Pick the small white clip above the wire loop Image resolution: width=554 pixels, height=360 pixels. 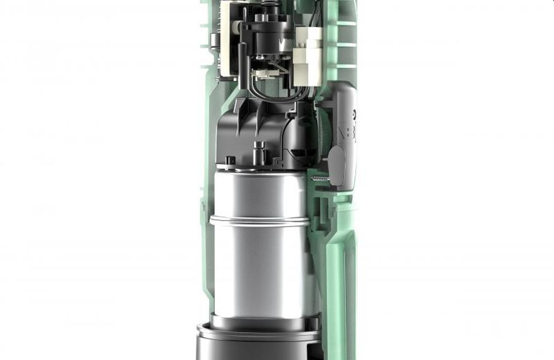[x=262, y=73]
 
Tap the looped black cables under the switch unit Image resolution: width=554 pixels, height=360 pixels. [x=271, y=89]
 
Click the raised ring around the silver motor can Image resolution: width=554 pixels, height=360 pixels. [x=259, y=219]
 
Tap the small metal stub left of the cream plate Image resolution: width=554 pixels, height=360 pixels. [x=213, y=41]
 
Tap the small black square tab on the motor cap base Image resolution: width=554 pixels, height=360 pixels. [x=230, y=161]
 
